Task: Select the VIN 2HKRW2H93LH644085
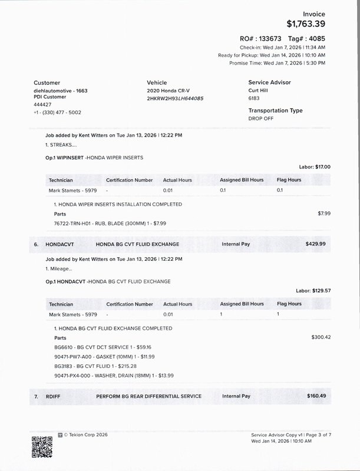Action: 175,98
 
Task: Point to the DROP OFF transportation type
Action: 262,118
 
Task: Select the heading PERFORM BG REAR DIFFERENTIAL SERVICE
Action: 148,396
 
